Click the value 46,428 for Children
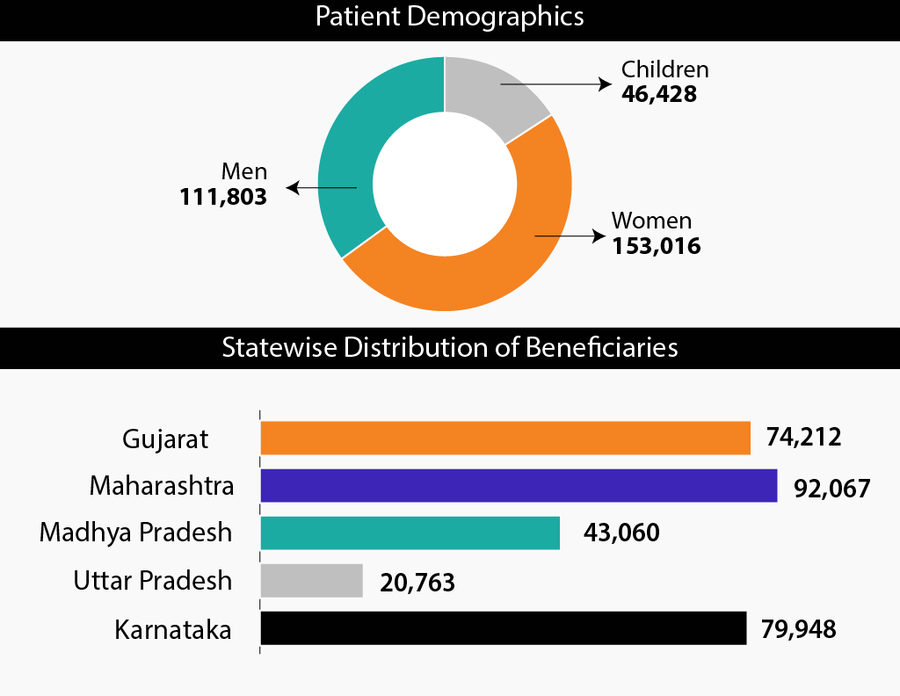coord(658,94)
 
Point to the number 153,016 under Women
coord(657,246)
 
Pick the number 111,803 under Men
coord(223,198)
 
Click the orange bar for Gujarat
coord(505,438)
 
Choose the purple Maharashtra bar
coord(519,485)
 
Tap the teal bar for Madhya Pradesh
coord(410,533)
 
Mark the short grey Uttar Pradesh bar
coord(312,581)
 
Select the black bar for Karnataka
coord(504,629)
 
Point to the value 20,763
coord(417,582)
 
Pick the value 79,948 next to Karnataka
coord(799,629)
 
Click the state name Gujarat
coord(166,439)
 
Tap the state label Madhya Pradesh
coord(136,533)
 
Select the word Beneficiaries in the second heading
coord(601,347)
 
